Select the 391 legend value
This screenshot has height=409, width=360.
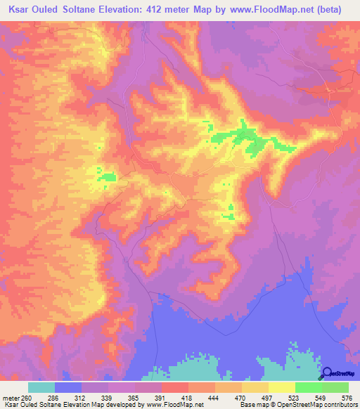(x=162, y=397)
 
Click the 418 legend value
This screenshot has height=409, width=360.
(x=188, y=397)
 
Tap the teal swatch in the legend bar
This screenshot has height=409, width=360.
(x=41, y=387)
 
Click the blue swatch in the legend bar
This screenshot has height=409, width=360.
(x=68, y=387)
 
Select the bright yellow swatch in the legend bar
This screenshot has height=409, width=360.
(x=281, y=387)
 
